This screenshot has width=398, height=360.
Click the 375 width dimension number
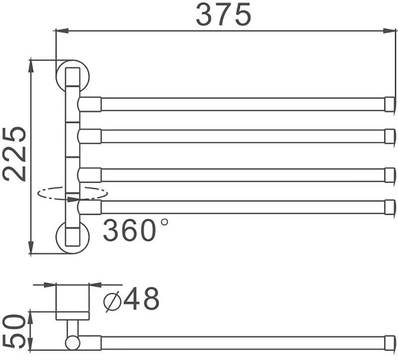click(x=223, y=15)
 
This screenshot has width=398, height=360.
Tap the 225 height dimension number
click(x=14, y=154)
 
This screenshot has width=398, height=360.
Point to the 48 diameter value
click(x=141, y=299)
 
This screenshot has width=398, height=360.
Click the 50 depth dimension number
click(x=14, y=332)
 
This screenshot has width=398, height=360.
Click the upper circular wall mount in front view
click(x=73, y=76)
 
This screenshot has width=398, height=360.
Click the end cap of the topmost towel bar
click(x=390, y=104)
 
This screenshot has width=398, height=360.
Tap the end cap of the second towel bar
click(x=390, y=136)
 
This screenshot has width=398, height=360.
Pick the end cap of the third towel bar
click(x=390, y=175)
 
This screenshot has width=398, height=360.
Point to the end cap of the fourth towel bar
click(x=390, y=207)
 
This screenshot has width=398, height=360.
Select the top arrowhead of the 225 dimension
click(x=31, y=66)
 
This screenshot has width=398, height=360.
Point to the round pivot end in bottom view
click(x=72, y=343)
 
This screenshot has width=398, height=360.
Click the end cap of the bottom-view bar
click(x=390, y=343)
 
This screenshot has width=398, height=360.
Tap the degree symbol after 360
click(x=165, y=222)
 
